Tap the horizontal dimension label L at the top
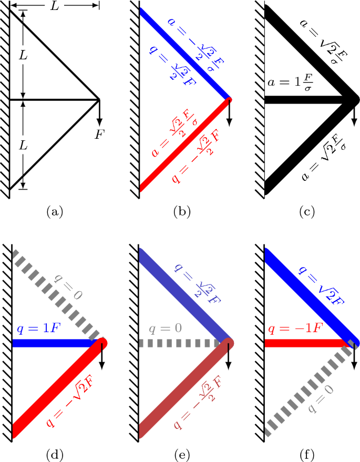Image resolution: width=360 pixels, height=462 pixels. tap(55, 7)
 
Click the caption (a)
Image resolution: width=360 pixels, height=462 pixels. tap(55, 212)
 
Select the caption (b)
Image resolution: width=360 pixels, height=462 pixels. tap(182, 212)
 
